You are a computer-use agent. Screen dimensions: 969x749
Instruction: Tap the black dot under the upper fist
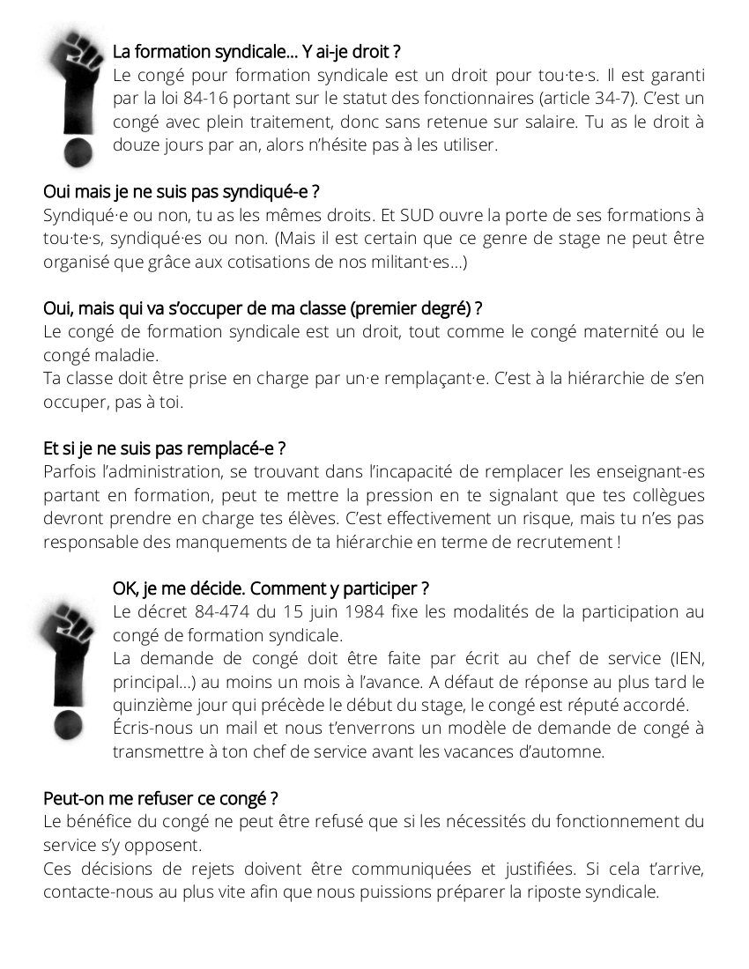point(77,152)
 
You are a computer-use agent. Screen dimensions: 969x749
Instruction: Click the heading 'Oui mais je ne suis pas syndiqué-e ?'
point(181,192)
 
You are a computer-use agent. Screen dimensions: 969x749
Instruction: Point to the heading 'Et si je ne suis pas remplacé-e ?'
point(165,449)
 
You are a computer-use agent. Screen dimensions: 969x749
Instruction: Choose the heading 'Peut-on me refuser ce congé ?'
point(161,799)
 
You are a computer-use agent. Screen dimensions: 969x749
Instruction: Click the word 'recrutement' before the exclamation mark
point(563,542)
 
